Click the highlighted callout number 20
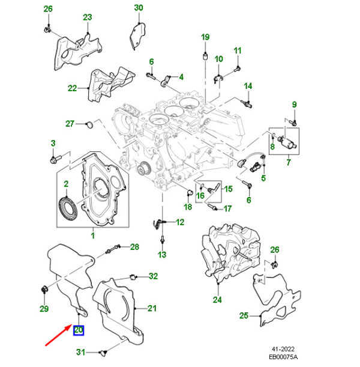point(79,330)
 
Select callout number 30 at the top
point(139,8)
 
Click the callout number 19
point(205,37)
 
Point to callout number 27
point(70,124)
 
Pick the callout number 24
point(217,299)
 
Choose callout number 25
point(244,315)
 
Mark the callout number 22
point(73,88)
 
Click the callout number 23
point(88,17)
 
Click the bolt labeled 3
point(53,159)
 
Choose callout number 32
point(153,276)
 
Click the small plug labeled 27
point(90,124)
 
